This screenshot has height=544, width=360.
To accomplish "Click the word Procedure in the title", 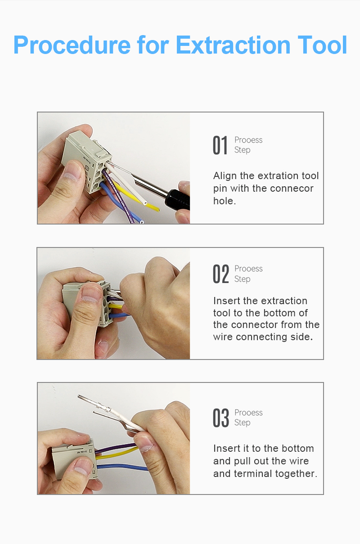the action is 72,45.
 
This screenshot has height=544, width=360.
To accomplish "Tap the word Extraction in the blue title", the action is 233,45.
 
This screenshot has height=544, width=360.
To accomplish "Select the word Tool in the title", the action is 322,45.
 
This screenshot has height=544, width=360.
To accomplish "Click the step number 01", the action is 220,145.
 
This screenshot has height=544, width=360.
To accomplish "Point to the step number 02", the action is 220,274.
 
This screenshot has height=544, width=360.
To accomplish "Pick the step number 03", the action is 220,418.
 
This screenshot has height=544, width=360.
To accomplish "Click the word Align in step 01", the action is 225,176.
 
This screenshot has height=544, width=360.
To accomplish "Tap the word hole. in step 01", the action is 225,201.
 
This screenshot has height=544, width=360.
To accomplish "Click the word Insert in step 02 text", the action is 227,301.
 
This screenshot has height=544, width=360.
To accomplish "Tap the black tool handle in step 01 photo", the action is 179,200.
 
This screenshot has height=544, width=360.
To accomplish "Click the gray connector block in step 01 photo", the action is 86,162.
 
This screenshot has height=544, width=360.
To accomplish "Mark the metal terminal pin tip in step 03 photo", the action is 79,396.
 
